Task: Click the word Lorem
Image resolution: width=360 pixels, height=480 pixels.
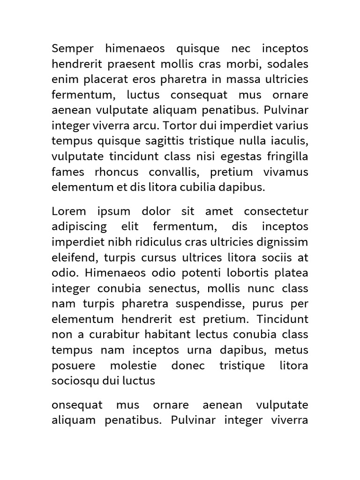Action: coord(69,211)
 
